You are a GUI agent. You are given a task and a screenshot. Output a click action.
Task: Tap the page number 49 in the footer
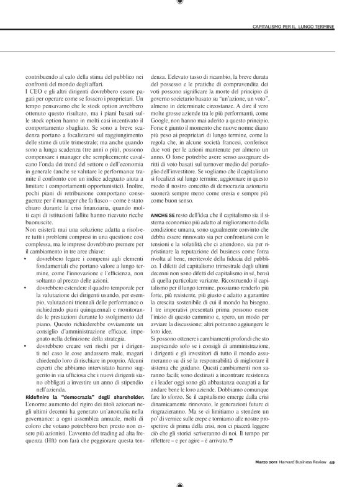333,461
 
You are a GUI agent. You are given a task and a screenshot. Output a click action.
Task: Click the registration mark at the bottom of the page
179,482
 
